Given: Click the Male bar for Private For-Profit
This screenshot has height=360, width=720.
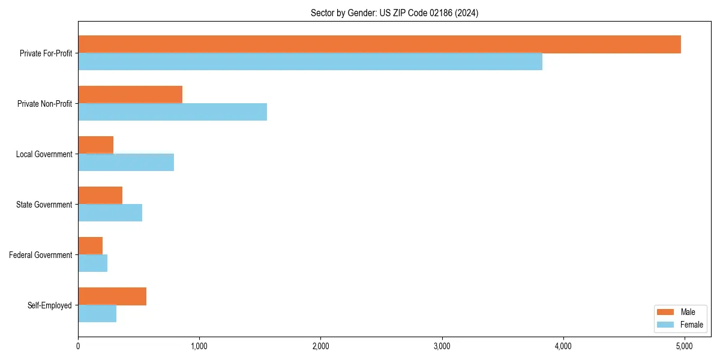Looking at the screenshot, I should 379,44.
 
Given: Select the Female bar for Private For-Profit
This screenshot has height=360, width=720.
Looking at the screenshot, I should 310,62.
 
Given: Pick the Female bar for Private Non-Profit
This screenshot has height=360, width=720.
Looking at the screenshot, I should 172,112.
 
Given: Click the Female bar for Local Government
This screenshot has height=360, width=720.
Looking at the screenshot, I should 126,163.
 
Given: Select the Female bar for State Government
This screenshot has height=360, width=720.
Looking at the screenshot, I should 110,213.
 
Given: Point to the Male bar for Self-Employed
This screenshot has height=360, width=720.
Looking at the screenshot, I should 112,296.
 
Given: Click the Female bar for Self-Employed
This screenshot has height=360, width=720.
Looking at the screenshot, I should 97,314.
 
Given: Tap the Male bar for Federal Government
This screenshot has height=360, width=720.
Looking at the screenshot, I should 90,246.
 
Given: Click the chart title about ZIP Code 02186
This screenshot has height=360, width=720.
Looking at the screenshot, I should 394,13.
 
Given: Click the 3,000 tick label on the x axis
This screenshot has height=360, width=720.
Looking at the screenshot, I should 442,346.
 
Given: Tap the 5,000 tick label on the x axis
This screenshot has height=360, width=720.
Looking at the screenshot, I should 684,346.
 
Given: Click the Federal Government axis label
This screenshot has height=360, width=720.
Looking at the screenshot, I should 41,255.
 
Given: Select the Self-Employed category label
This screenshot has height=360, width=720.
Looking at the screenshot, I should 50,305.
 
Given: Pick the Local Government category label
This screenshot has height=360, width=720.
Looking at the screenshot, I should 44,154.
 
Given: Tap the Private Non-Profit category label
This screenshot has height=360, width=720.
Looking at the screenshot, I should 45,104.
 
